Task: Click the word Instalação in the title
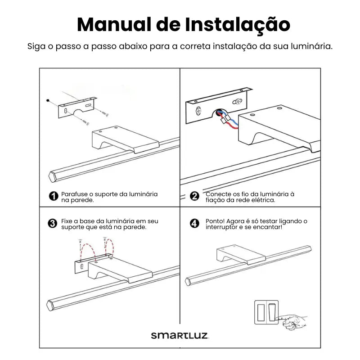click(x=238, y=25)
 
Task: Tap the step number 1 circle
click(x=54, y=196)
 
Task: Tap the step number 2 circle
click(x=194, y=196)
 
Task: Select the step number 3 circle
click(x=52, y=223)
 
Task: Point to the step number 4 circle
click(x=194, y=223)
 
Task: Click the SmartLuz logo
click(x=180, y=335)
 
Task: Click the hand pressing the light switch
click(x=294, y=322)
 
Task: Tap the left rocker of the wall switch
click(x=261, y=312)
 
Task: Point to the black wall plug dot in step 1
click(x=48, y=100)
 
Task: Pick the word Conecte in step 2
click(x=218, y=194)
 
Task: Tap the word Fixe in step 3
click(x=67, y=221)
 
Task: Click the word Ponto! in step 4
click(x=215, y=221)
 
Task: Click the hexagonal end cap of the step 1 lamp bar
click(x=52, y=177)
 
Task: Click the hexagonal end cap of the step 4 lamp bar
click(x=188, y=282)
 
